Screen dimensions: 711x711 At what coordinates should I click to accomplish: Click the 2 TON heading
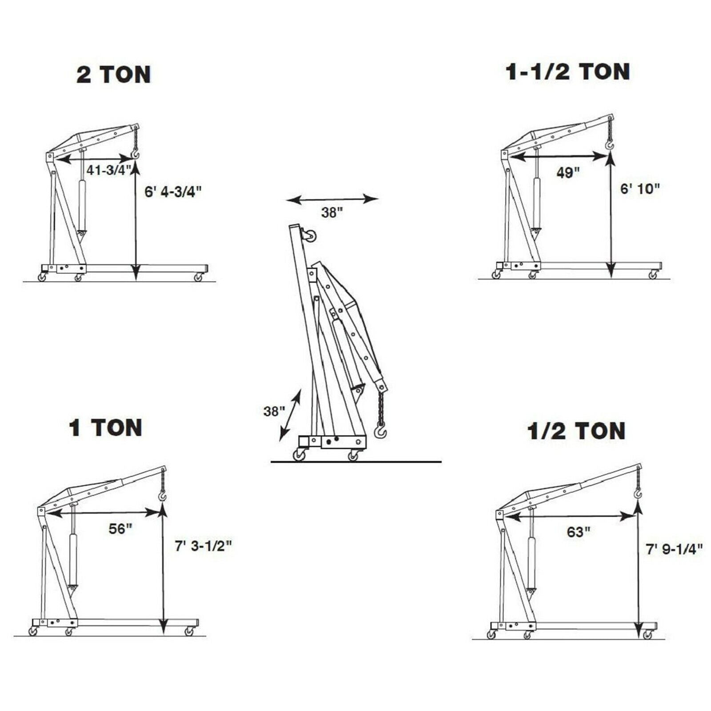pos(114,75)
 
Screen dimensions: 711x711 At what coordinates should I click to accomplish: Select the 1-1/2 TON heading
pos(567,72)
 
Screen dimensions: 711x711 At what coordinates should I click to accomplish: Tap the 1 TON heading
pos(106,427)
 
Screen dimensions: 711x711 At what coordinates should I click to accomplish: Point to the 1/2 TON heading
pos(576,431)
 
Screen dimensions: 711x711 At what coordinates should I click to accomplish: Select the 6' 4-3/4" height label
pos(173,192)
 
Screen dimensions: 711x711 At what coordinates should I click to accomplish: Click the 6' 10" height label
pos(640,189)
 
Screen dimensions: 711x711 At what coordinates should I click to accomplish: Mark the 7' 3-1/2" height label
pos(203,546)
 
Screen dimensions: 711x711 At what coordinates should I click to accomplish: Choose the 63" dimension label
pos(578,532)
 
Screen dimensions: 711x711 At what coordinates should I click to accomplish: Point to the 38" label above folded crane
pos(332,213)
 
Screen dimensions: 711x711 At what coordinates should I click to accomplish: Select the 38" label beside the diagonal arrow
pos(274,411)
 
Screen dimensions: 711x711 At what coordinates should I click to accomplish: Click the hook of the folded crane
pos(380,430)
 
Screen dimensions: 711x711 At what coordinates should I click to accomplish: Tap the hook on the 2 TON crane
pos(135,154)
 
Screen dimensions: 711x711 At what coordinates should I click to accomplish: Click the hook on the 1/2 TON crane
pos(638,493)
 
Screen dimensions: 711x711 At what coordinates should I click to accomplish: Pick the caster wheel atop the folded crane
pos(309,235)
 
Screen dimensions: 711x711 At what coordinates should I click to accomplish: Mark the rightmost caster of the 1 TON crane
pos(190,631)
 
